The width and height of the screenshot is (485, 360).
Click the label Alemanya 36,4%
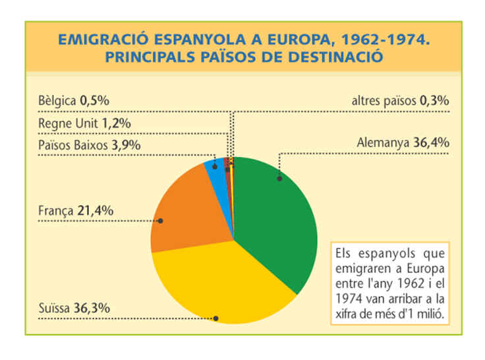pos(403,142)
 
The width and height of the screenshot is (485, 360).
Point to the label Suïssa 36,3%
pos(73,307)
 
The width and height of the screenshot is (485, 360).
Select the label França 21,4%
pos(76,210)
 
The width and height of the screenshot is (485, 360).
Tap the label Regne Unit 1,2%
pos(84,123)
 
